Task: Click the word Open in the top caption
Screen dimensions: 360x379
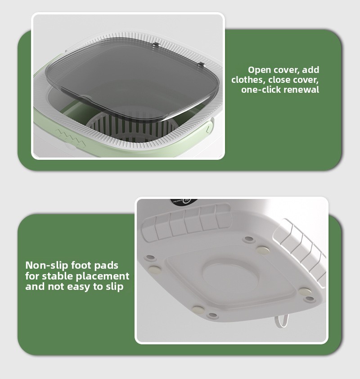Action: (x=259, y=70)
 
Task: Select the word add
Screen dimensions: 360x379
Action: (x=310, y=70)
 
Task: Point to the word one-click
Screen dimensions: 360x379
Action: (x=261, y=90)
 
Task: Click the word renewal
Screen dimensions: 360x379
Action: (x=301, y=90)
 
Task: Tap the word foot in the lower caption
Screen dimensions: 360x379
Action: (x=79, y=265)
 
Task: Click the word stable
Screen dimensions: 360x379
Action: (x=55, y=276)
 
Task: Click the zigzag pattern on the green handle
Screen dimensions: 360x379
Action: (x=71, y=138)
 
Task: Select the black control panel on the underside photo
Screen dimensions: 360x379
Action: (x=184, y=201)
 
